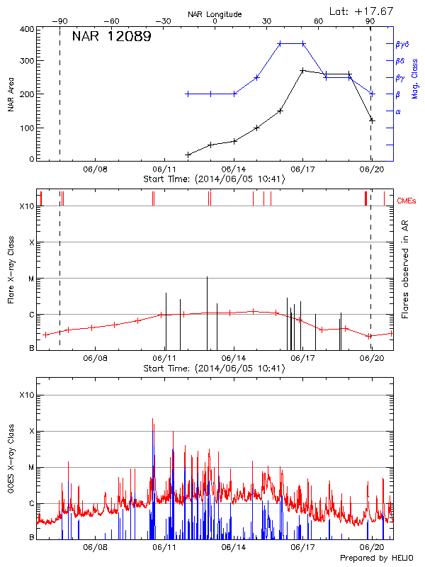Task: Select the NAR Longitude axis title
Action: (215, 14)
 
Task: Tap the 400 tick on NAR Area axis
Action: (27, 29)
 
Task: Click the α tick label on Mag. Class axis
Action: (398, 111)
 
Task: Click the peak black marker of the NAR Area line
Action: (302, 71)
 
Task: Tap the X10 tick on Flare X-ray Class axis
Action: (27, 206)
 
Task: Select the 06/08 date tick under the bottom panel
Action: (96, 548)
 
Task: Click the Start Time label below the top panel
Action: (214, 179)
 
